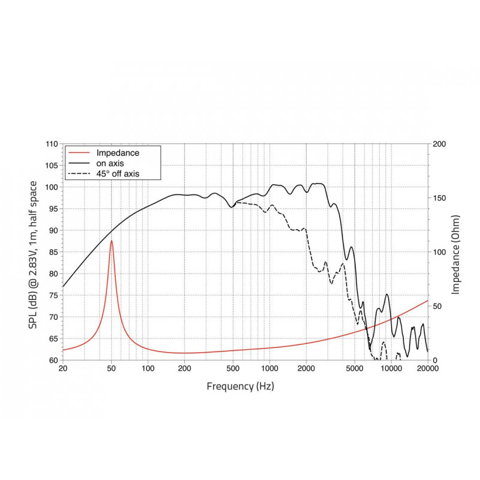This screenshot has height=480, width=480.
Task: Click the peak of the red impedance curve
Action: (x=111, y=241)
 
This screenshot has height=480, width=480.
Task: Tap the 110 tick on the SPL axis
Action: (x=52, y=144)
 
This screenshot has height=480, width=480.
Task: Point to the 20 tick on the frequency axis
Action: (x=62, y=369)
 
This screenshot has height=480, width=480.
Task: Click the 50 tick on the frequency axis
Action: (x=111, y=369)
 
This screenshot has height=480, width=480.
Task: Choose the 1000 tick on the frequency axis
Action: (x=269, y=369)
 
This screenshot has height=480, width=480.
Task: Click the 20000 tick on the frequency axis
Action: (x=428, y=369)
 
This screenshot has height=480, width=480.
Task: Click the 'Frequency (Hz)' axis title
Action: (x=240, y=386)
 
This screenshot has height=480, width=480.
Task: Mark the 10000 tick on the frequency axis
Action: (x=391, y=369)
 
